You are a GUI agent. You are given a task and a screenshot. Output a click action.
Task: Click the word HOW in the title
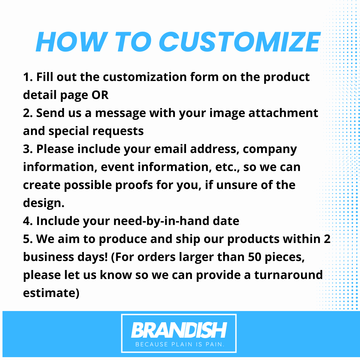tap(72, 42)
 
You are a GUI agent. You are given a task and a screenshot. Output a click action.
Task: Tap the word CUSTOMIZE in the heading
tap(239, 42)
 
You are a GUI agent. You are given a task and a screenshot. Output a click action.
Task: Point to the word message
tap(120, 113)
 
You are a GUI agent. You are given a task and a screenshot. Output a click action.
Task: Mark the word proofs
tap(134, 185)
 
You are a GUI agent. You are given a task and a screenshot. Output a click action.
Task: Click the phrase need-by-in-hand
tap(161, 221)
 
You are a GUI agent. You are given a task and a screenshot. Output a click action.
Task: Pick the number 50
tap(255, 257)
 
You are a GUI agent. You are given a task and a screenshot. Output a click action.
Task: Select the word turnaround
tap(288, 275)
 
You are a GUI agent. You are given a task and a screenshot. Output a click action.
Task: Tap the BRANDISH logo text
tap(179, 330)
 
